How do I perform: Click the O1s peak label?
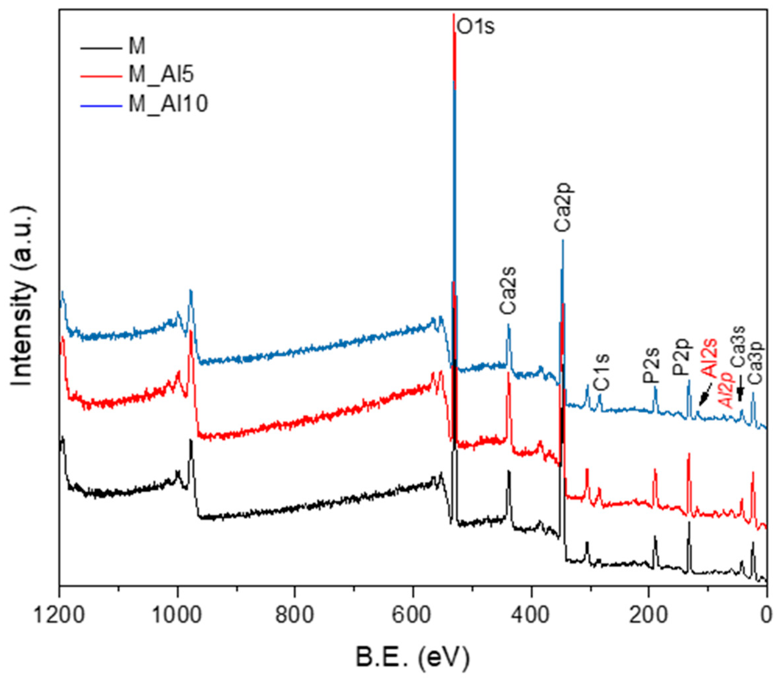pyautogui.click(x=475, y=27)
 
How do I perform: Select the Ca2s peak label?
pyautogui.click(x=508, y=290)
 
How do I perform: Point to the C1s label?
pyautogui.click(x=602, y=372)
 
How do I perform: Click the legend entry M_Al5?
pyautogui.click(x=161, y=75)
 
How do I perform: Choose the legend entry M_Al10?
pyautogui.click(x=168, y=103)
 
